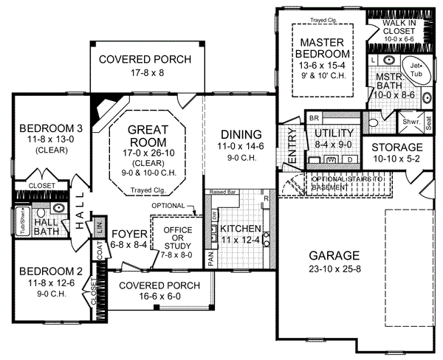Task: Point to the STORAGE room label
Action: click(396, 148)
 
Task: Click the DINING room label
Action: click(241, 134)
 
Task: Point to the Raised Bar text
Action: click(222, 191)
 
